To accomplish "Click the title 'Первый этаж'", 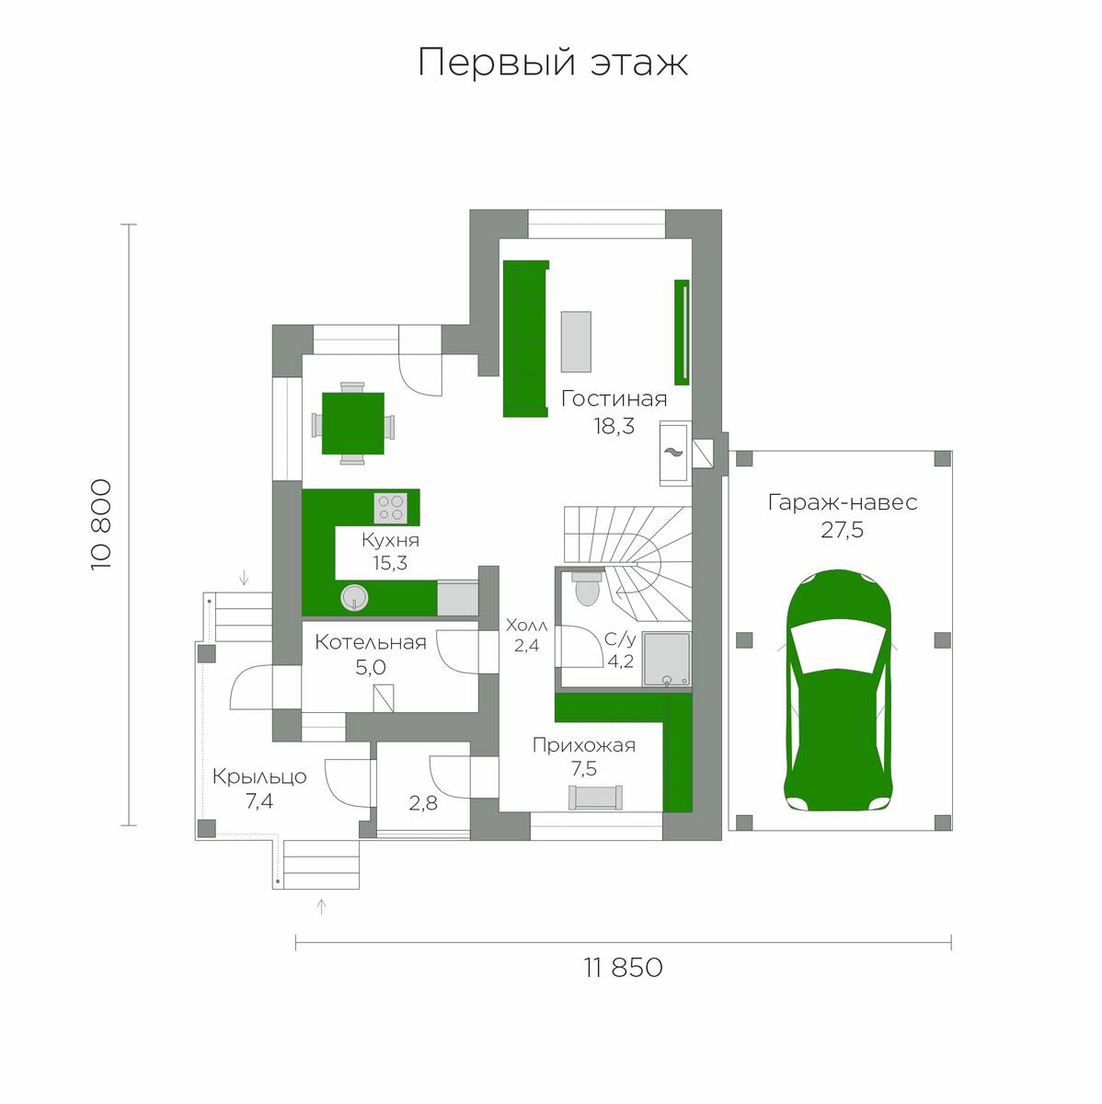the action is pyautogui.click(x=553, y=63).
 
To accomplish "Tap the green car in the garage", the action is pyautogui.click(x=837, y=690).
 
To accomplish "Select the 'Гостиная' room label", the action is pyautogui.click(x=614, y=398).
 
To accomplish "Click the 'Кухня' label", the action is pyautogui.click(x=390, y=540).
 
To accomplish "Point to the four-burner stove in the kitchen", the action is pyautogui.click(x=391, y=508).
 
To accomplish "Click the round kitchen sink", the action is pyautogui.click(x=354, y=598).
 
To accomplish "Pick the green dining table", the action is pyautogui.click(x=353, y=423).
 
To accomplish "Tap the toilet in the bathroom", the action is pyautogui.click(x=586, y=587).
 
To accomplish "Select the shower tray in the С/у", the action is pyautogui.click(x=667, y=659).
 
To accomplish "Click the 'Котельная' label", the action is pyautogui.click(x=371, y=642).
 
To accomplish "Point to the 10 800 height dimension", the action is pyautogui.click(x=101, y=524).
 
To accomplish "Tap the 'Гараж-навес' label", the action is pyautogui.click(x=843, y=502).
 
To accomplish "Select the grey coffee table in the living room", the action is pyautogui.click(x=576, y=342).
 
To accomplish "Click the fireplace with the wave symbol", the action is pyautogui.click(x=675, y=454).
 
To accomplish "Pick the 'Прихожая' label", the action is pyautogui.click(x=584, y=745).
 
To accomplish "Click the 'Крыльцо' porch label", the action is pyautogui.click(x=259, y=776).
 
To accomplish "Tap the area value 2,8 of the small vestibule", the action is pyautogui.click(x=423, y=803).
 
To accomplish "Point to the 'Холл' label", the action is pyautogui.click(x=526, y=625).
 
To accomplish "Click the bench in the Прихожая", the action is pyautogui.click(x=595, y=798).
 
